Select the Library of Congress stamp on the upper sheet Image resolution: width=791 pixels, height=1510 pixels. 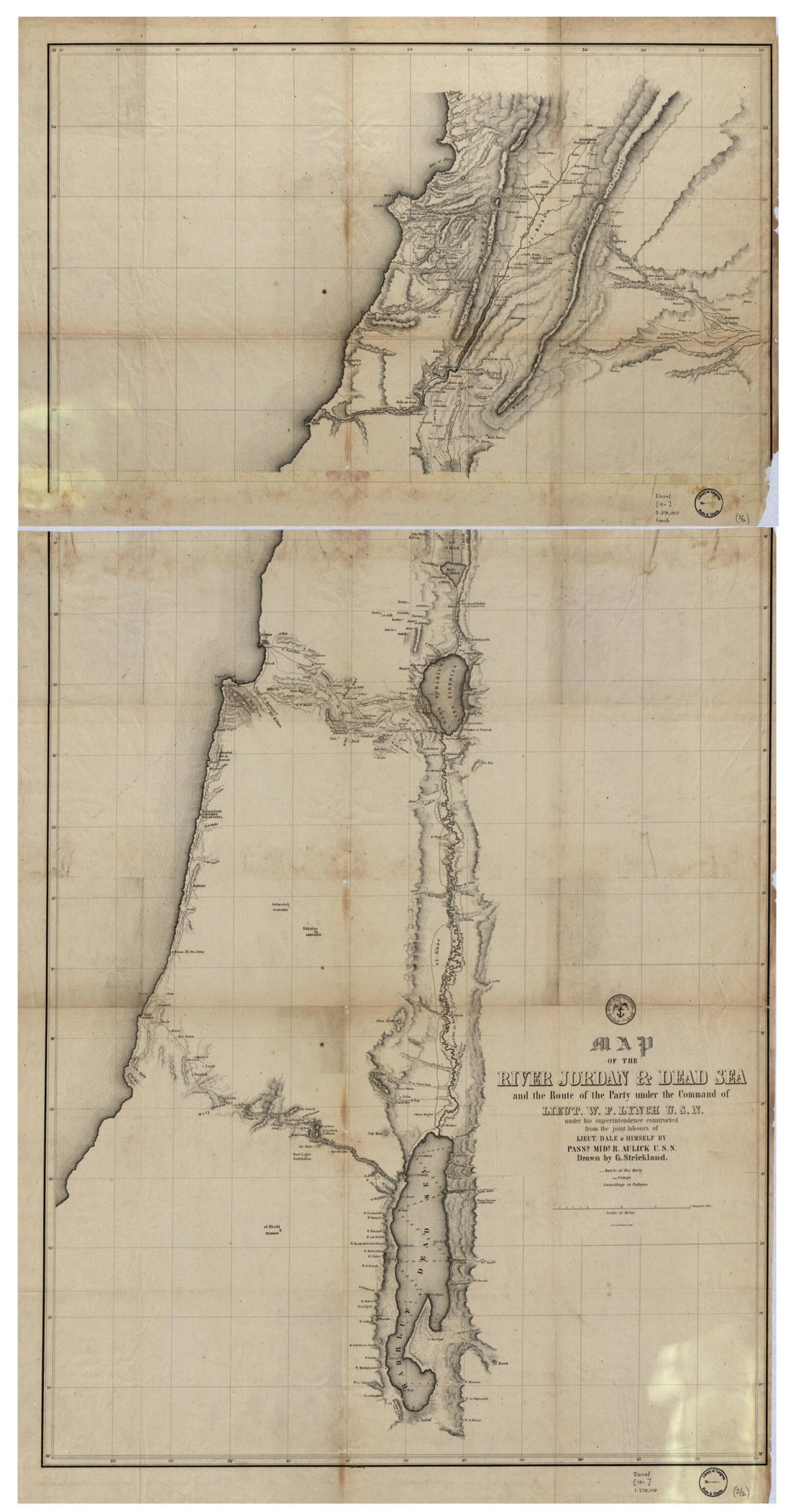[x=708, y=500]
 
